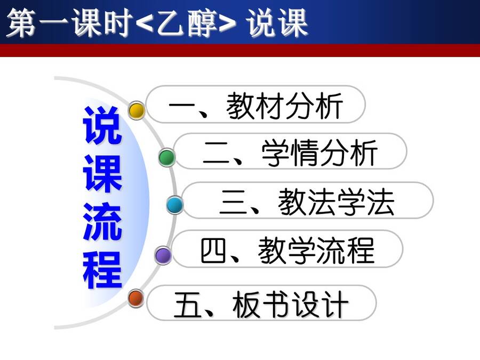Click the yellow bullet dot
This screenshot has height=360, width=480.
(x=137, y=110)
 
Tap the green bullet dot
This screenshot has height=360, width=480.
(x=167, y=157)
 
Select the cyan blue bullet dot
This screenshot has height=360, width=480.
(x=175, y=205)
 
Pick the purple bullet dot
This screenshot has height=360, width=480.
(x=163, y=255)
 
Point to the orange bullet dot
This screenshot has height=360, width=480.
(x=136, y=298)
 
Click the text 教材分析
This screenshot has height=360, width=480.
(x=284, y=106)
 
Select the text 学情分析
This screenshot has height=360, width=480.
(x=319, y=153)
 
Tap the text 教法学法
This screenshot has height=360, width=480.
(x=336, y=202)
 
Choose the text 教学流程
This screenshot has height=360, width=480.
(x=316, y=251)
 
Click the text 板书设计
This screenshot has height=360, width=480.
(x=290, y=304)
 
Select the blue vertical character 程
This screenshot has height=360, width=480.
(x=102, y=270)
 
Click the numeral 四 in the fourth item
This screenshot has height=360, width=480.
(x=213, y=251)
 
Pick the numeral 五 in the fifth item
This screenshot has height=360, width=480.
(x=187, y=305)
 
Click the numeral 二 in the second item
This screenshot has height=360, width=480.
(x=216, y=153)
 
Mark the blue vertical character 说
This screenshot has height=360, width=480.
(x=102, y=125)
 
